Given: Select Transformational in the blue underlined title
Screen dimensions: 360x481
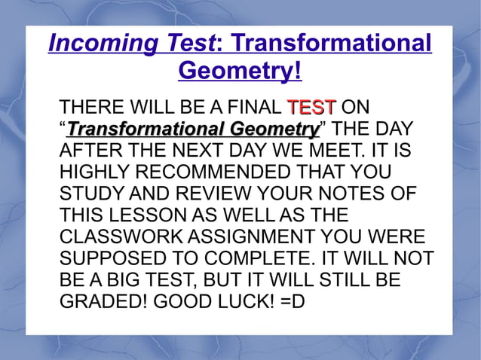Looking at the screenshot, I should (x=333, y=44).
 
